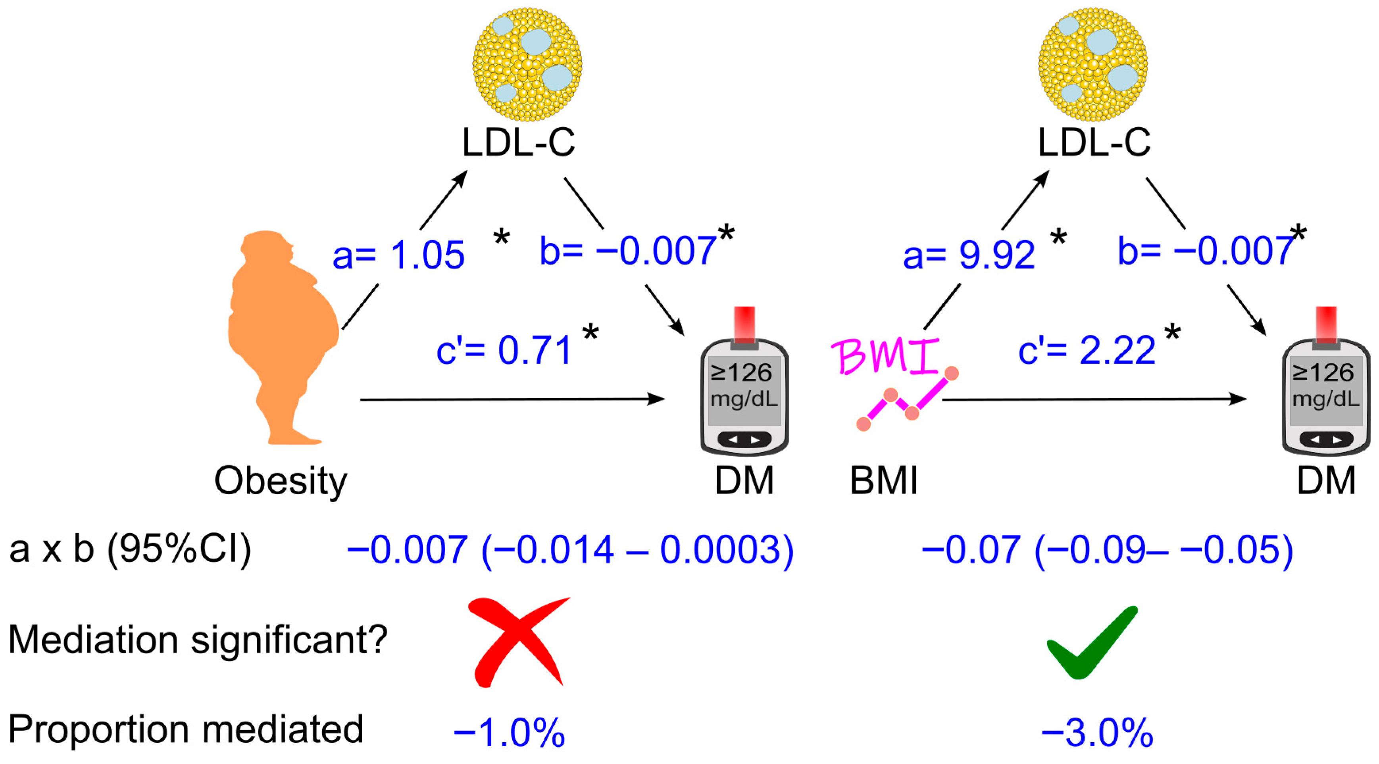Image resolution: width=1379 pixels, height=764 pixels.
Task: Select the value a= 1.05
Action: point(398,255)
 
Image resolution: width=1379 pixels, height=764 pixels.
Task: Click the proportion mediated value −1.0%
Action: point(509,732)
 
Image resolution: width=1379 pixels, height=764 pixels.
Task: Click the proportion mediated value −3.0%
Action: point(1097,732)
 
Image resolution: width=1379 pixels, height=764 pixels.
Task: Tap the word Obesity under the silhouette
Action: point(281,480)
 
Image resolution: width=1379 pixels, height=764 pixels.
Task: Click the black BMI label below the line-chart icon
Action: point(884,480)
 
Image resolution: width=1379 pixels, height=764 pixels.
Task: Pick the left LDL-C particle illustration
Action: point(527,64)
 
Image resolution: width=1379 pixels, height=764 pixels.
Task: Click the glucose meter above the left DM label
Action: point(744,396)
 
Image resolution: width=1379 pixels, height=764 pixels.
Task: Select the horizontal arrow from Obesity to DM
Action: point(511,399)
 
